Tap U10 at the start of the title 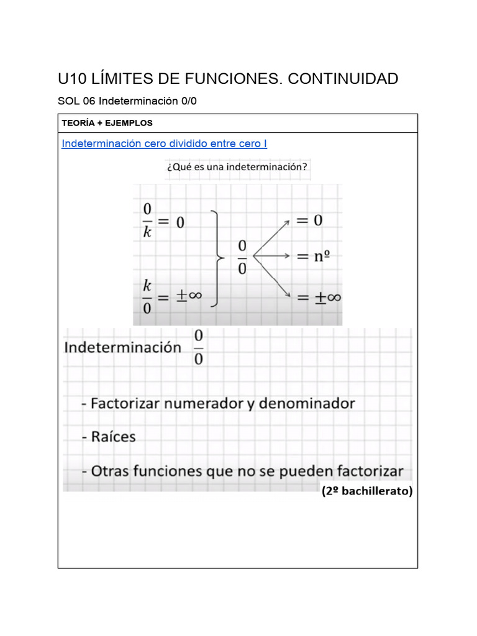[x=73, y=79]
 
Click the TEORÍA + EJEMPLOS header [x=107, y=123]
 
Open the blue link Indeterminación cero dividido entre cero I [x=164, y=143]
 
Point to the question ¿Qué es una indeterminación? [x=237, y=167]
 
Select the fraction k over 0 [x=147, y=296]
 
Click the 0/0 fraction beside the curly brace [x=242, y=258]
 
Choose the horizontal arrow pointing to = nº [x=273, y=256]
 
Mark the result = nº [x=312, y=256]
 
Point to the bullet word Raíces [x=112, y=437]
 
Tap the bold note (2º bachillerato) [x=366, y=491]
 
